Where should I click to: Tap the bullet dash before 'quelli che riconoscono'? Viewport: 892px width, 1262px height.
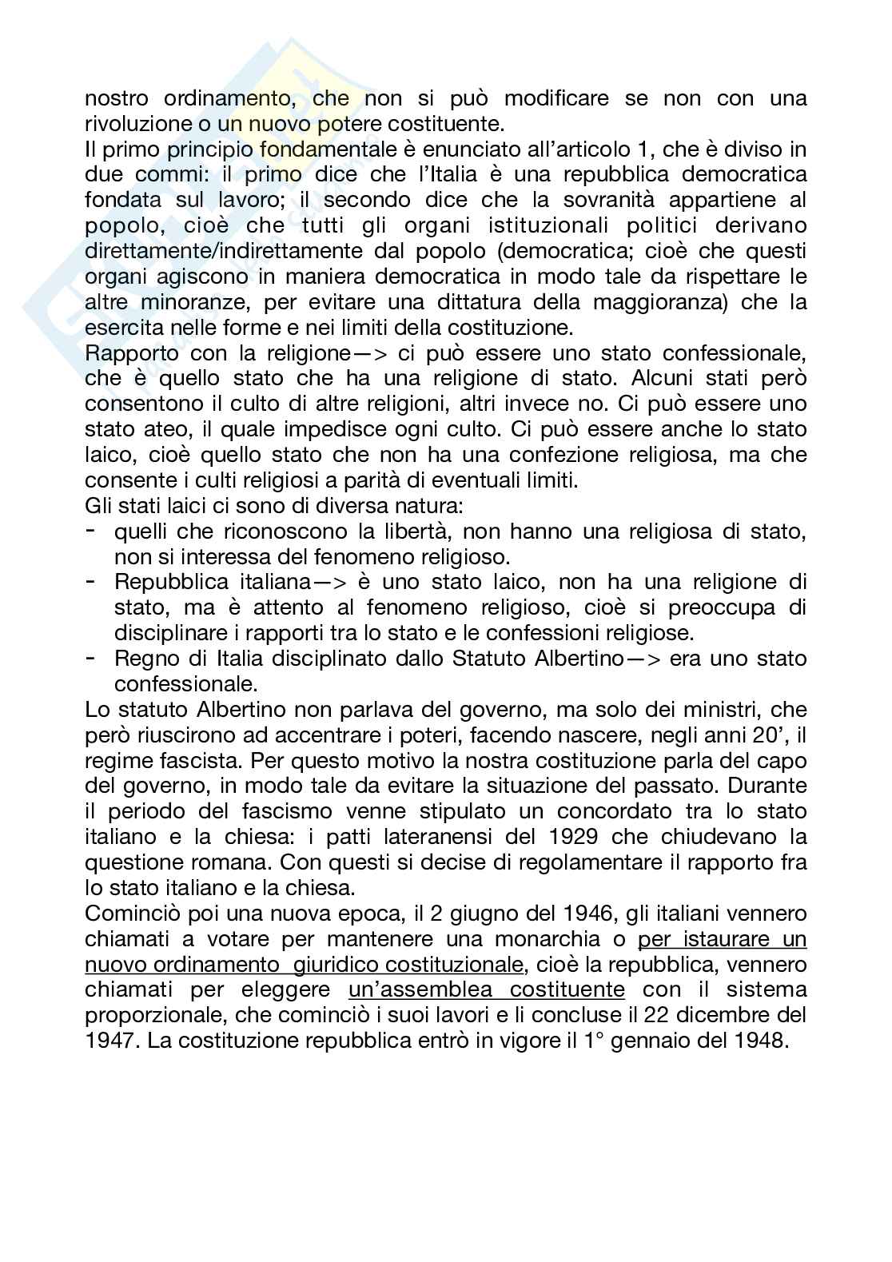[x=91, y=531]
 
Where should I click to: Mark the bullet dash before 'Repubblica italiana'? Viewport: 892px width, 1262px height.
[x=91, y=582]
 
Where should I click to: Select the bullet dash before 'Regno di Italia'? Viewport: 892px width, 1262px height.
[x=91, y=659]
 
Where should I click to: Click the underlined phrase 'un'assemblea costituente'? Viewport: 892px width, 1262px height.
[x=487, y=989]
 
